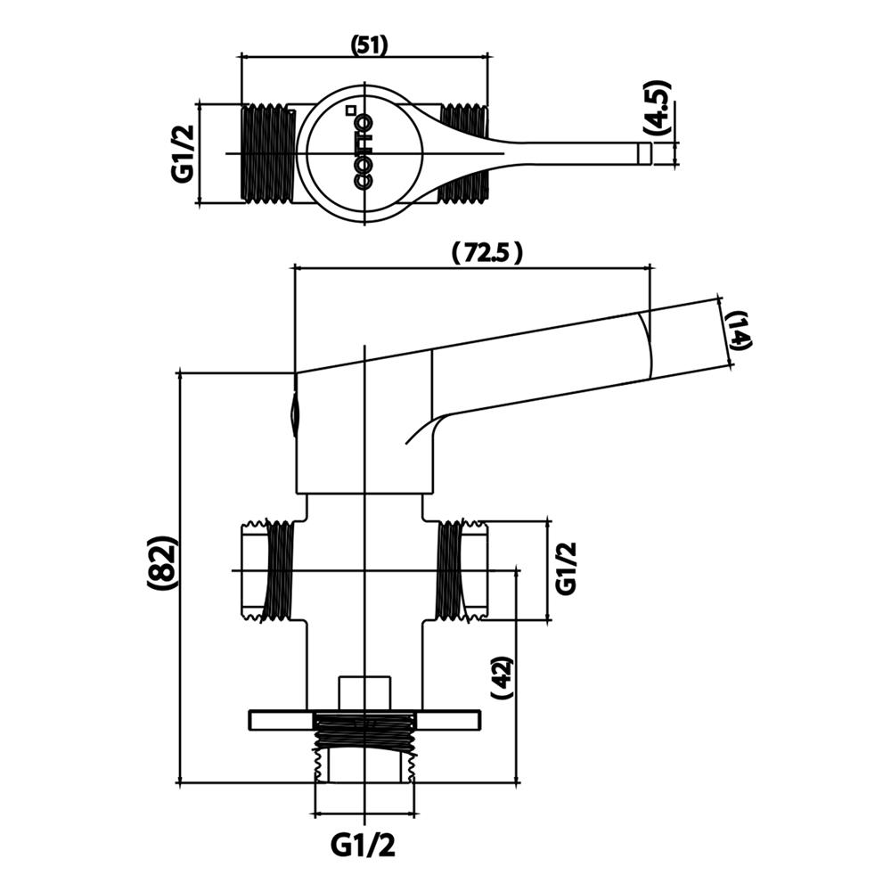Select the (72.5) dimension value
(486, 253)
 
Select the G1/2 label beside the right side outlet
(567, 568)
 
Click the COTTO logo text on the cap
(364, 151)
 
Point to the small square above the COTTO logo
(351, 110)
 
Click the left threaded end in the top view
(266, 153)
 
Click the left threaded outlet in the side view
(267, 570)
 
